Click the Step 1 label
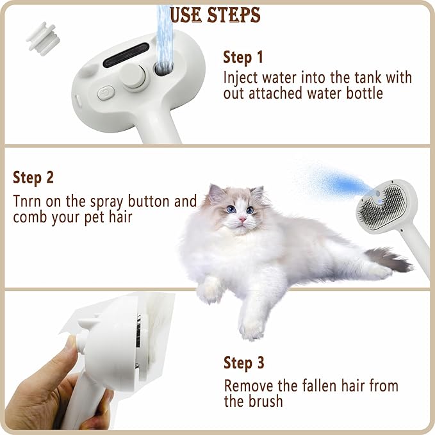coord(243,57)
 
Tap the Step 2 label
coord(33,177)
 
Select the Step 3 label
coord(243,363)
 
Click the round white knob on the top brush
coord(136,77)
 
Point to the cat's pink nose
coord(243,219)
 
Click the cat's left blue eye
coord(231,209)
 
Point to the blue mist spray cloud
coord(333,183)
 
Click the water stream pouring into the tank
coord(165,32)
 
